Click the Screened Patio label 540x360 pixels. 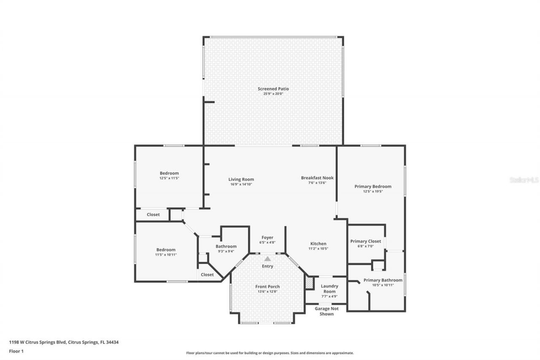(x=273, y=89)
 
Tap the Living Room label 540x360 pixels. (x=241, y=179)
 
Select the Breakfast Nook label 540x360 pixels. (x=317, y=178)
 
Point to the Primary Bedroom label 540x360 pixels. (x=373, y=187)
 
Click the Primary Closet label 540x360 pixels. (x=365, y=241)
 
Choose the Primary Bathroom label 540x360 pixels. (x=383, y=280)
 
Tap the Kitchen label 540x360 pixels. (x=319, y=244)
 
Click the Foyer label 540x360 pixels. (x=267, y=238)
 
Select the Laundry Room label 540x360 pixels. (x=329, y=289)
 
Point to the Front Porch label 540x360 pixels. (x=267, y=287)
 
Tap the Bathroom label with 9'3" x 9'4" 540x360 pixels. (x=226, y=246)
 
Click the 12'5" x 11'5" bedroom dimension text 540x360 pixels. (x=169, y=178)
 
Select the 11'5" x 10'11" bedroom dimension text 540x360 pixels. (x=165, y=255)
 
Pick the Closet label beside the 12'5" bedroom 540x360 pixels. (x=153, y=215)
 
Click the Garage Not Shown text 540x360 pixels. (x=327, y=311)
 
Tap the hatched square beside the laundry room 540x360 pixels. (x=310, y=283)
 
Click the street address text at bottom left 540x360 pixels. (x=64, y=342)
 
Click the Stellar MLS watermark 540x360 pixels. (x=524, y=180)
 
